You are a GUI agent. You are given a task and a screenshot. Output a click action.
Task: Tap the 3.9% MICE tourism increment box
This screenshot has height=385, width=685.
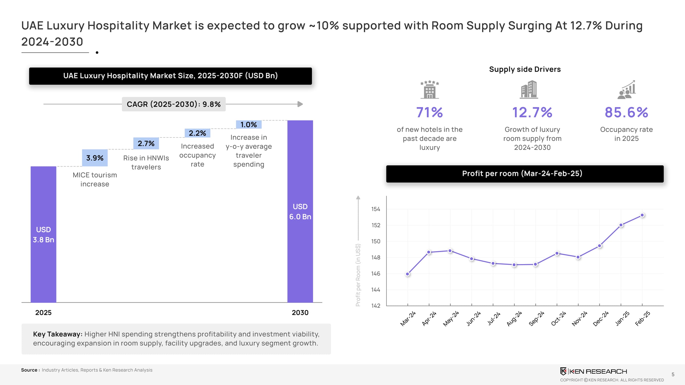coord(95,158)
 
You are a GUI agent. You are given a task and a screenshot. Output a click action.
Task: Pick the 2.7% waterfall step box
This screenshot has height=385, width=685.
coord(146,143)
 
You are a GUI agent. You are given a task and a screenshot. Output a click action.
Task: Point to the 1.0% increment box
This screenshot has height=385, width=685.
coord(249,125)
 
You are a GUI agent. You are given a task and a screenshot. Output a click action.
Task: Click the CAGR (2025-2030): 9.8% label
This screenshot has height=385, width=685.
coord(174,104)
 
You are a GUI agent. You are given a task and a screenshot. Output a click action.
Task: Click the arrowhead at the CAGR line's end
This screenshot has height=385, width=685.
coord(300,104)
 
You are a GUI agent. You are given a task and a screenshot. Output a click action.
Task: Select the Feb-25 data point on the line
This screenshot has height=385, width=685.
coord(642,215)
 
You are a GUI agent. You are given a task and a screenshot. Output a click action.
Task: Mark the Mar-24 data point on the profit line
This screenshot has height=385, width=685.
coord(408,274)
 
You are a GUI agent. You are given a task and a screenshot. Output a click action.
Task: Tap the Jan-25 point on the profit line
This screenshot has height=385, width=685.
coord(621,225)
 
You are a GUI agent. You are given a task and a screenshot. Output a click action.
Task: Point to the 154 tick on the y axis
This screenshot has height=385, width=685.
coord(376,209)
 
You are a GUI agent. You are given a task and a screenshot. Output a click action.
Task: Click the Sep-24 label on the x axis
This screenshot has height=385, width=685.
coord(536,319)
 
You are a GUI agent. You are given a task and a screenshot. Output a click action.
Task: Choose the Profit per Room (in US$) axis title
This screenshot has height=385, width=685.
coord(358,275)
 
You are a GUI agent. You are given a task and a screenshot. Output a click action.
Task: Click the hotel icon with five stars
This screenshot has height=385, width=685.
coord(430,90)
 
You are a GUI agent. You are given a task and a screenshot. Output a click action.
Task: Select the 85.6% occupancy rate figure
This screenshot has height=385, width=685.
coord(626,112)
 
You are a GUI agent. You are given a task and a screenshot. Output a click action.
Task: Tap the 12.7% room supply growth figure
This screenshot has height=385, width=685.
coord(532,112)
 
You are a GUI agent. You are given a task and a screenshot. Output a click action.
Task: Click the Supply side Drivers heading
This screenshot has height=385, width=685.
coord(525,69)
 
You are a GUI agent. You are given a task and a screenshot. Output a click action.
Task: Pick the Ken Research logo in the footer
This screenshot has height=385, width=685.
coord(593,371)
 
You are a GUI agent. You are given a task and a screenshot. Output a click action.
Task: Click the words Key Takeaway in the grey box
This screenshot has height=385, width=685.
coord(58,334)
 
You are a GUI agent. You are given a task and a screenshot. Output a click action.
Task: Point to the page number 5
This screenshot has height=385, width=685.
coord(673,374)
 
